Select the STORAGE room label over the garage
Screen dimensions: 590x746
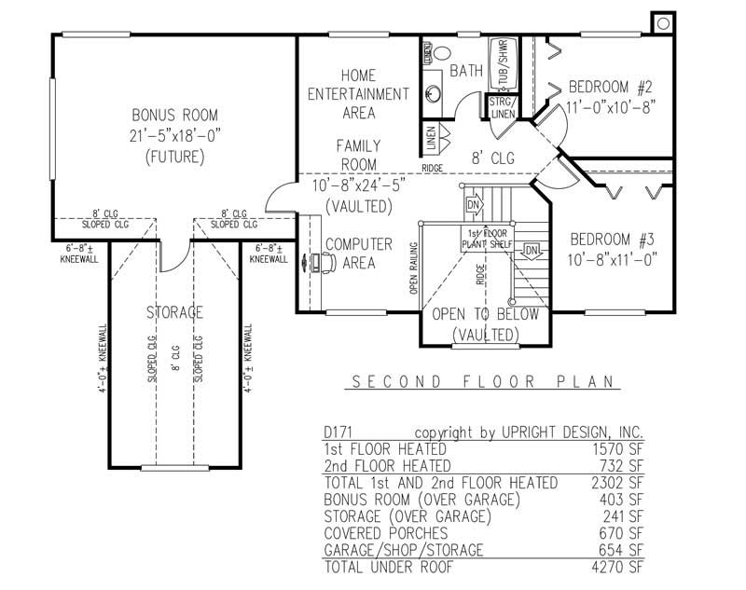point(174,312)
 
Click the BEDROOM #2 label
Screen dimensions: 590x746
point(611,88)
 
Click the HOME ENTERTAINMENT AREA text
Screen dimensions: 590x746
point(359,94)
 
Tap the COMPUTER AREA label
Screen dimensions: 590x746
point(358,254)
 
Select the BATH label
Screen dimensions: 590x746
point(465,71)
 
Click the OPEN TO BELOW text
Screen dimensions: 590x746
point(485,315)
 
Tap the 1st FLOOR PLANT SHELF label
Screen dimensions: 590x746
point(486,239)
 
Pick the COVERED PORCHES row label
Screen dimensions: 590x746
point(380,532)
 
